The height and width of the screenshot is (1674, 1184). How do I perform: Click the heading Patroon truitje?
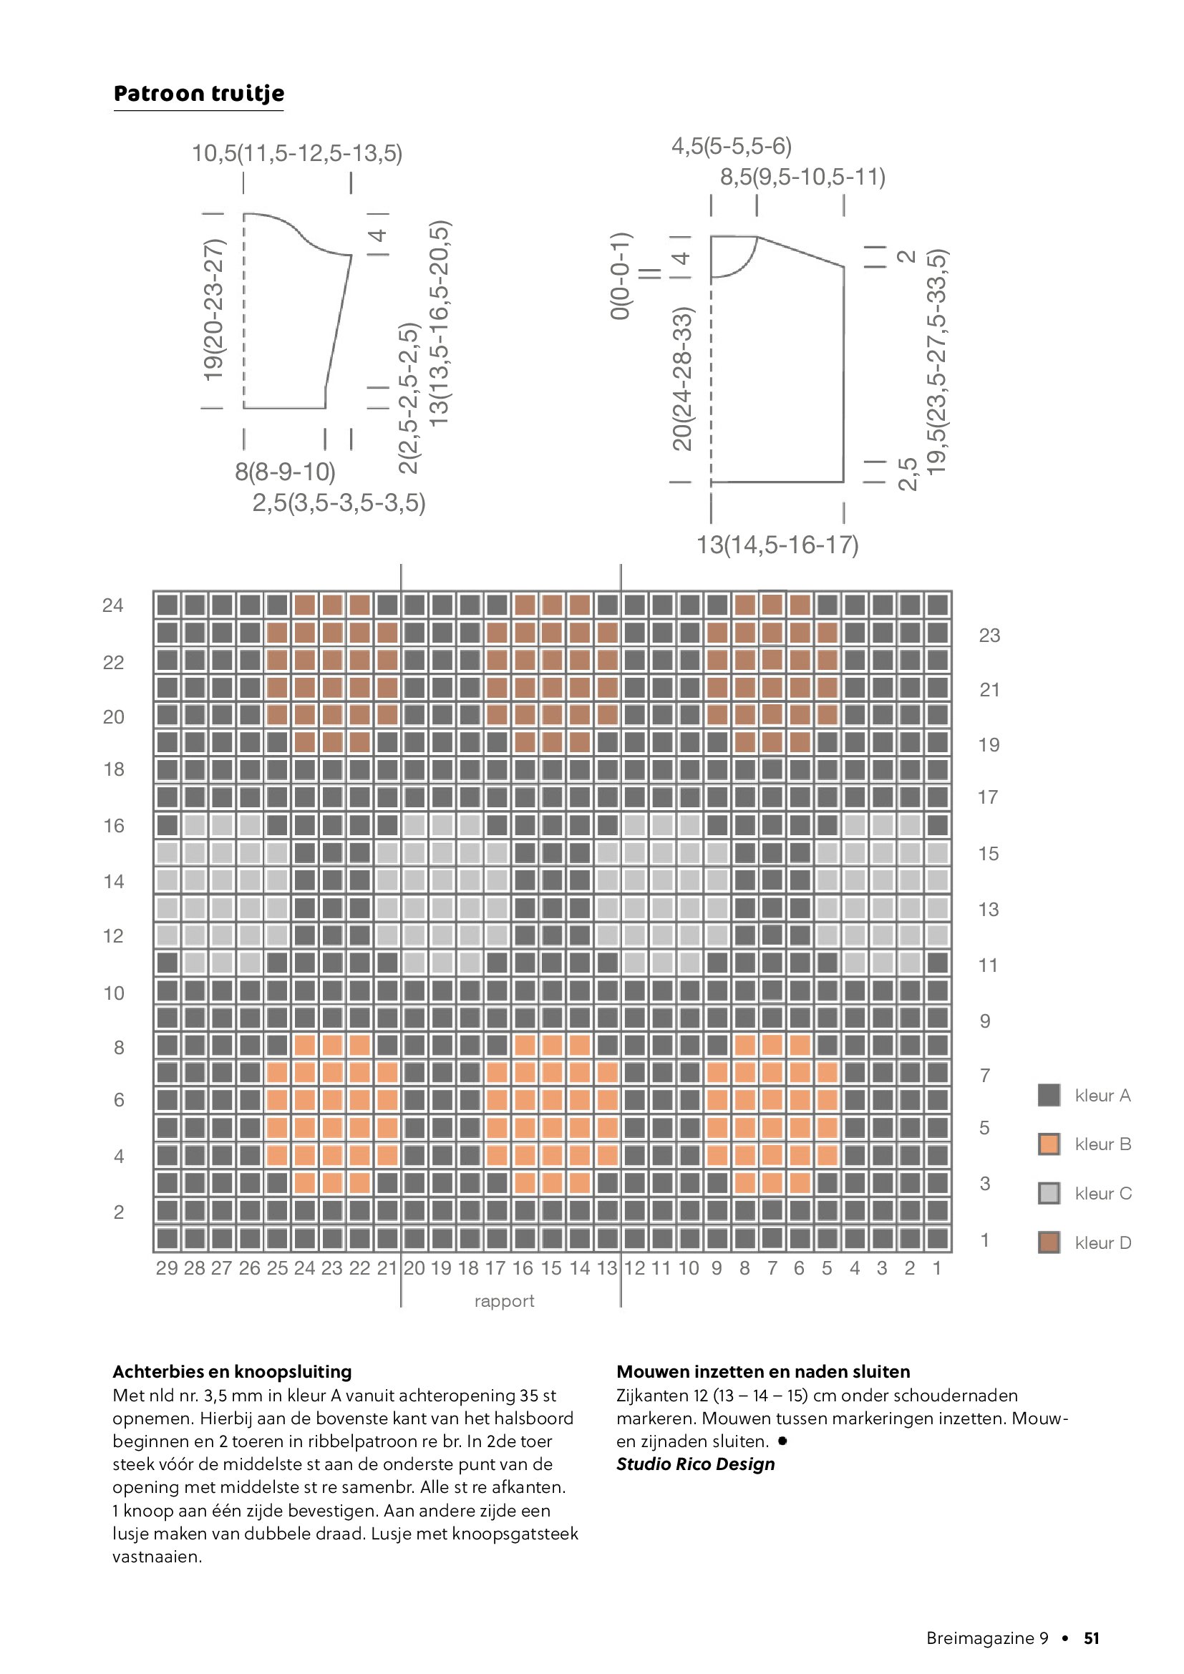coord(198,94)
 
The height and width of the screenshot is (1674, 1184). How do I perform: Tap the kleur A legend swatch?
coord(1049,1095)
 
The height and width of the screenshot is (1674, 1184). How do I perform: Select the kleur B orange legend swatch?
coord(1049,1144)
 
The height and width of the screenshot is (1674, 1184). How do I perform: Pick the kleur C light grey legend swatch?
coord(1049,1193)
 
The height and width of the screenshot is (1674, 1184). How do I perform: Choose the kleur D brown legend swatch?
coord(1049,1242)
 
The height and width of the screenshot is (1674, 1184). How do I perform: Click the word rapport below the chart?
coord(504,1301)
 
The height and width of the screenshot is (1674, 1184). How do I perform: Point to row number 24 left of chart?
coord(113,605)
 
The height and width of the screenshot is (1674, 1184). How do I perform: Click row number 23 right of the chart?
coord(989,636)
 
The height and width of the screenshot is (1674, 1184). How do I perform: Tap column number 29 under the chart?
coord(167,1269)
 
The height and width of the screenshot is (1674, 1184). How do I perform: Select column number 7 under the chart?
coord(772,1269)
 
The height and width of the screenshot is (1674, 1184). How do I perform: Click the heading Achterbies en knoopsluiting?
coord(232,1371)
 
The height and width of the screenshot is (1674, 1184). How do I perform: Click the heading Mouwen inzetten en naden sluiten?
coord(763,1371)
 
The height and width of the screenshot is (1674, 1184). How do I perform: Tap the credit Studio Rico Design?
coord(696,1464)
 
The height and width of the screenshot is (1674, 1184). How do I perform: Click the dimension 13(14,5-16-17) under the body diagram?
coord(777,545)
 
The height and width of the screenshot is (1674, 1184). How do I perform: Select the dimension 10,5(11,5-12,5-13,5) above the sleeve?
coord(297,153)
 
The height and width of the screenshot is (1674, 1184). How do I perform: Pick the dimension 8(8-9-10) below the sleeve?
coord(285,472)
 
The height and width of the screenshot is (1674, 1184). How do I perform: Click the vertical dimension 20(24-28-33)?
coord(682,379)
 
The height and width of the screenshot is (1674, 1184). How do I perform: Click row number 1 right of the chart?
coord(985,1240)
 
